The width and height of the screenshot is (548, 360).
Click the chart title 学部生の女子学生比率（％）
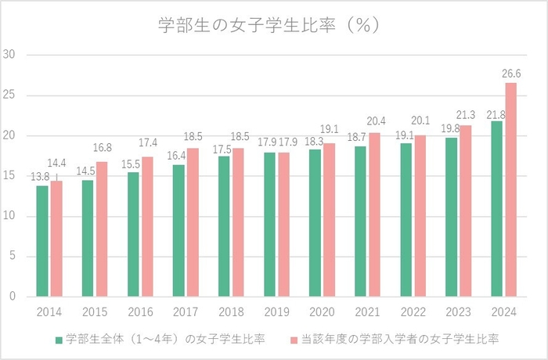click(269, 25)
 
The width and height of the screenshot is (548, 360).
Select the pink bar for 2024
click(511, 189)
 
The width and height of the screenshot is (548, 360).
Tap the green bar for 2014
click(42, 241)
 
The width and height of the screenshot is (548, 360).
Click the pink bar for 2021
click(375, 214)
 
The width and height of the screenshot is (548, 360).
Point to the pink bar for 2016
click(147, 227)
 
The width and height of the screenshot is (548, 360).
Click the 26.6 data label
click(511, 74)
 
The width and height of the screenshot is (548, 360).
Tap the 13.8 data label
click(40, 178)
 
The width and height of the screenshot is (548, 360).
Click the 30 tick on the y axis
click(9, 55)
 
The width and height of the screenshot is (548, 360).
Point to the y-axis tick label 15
click(9, 176)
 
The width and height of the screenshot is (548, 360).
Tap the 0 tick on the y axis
click(12, 297)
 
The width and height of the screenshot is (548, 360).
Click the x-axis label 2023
click(457, 311)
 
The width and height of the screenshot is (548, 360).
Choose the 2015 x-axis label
click(94, 311)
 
